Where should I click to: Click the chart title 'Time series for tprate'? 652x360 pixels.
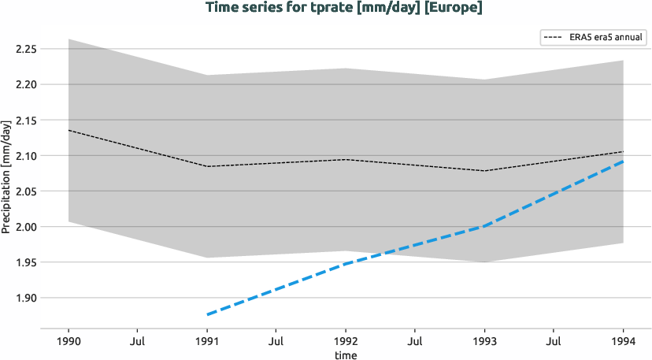click(x=343, y=8)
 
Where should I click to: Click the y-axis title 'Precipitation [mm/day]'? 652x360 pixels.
click(x=7, y=177)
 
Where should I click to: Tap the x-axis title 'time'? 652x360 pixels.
click(x=346, y=355)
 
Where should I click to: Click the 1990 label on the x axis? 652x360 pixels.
click(x=69, y=341)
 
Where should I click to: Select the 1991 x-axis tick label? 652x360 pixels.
click(x=207, y=341)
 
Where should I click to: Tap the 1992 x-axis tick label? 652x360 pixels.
click(x=346, y=341)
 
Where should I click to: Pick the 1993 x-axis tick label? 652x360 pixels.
click(x=484, y=341)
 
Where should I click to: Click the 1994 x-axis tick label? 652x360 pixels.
click(x=624, y=341)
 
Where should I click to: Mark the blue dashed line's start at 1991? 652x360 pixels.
click(x=207, y=315)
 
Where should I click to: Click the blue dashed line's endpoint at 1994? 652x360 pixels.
click(x=624, y=161)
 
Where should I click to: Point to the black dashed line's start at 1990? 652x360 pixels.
click(x=69, y=130)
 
